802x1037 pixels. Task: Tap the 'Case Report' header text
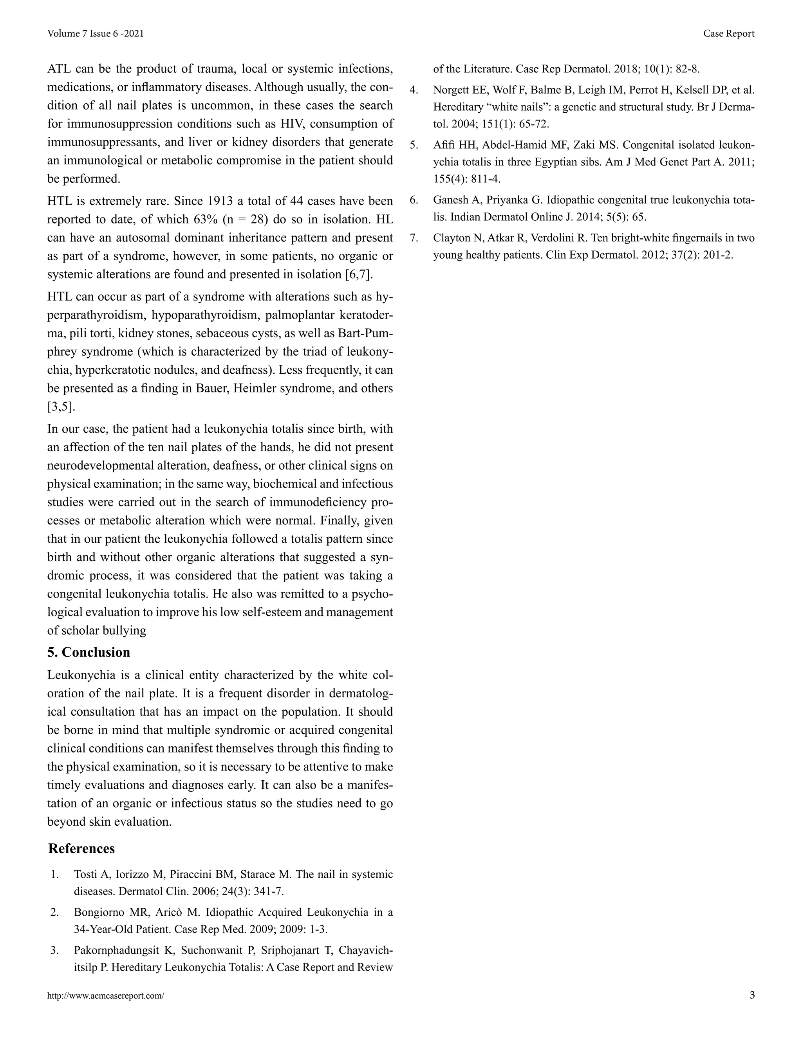pyautogui.click(x=728, y=34)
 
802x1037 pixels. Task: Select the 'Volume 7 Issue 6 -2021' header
pyautogui.click(x=96, y=34)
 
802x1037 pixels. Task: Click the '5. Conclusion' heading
pyautogui.click(x=89, y=652)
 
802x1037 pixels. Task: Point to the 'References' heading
pyautogui.click(x=81, y=848)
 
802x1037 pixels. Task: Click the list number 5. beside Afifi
pyautogui.click(x=414, y=145)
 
